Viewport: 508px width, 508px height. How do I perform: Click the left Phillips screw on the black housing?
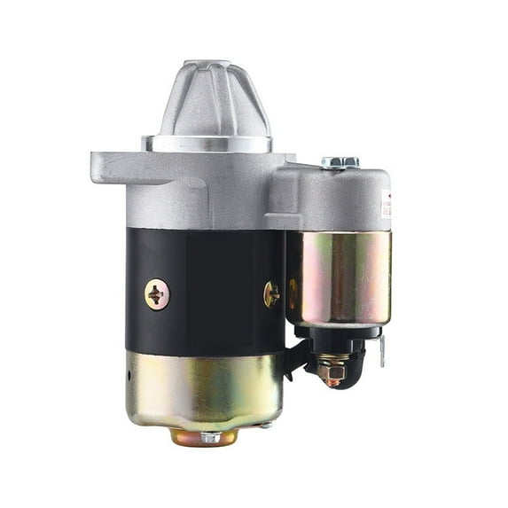[157, 294]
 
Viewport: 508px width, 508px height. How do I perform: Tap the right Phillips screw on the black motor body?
[272, 293]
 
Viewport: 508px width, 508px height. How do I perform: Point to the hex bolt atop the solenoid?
[340, 162]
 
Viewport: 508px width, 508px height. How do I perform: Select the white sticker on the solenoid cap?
[386, 204]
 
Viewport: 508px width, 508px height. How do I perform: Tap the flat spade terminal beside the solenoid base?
[381, 350]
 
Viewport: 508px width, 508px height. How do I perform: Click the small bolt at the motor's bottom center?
[209, 437]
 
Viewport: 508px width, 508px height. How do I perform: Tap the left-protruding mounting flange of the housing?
[115, 168]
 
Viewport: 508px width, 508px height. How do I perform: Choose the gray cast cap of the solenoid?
[332, 199]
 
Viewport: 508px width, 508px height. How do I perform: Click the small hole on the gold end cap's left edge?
[129, 373]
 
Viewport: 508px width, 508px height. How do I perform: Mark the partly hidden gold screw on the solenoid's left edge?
[293, 293]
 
